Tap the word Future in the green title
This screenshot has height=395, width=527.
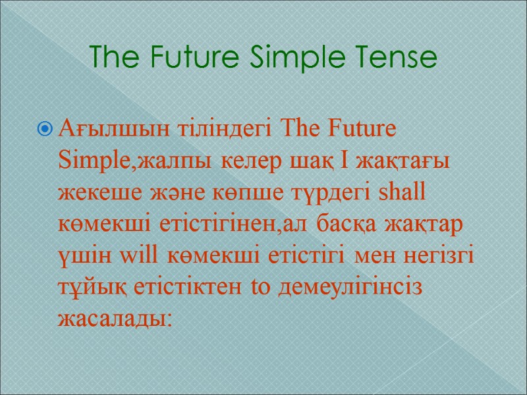pyautogui.click(x=198, y=57)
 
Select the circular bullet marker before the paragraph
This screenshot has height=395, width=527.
pyautogui.click(x=45, y=128)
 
